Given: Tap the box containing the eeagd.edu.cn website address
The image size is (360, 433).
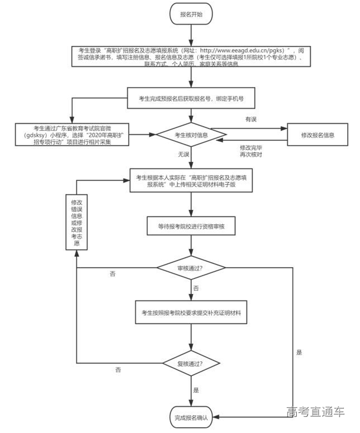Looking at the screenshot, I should [x=191, y=56].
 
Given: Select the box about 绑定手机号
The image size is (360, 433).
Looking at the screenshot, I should [x=191, y=99].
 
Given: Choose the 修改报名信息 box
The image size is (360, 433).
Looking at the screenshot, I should [x=318, y=136].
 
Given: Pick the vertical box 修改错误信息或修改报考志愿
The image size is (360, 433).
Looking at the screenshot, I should [x=76, y=222].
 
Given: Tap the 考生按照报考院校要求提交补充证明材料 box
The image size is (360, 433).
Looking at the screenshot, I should [x=191, y=312].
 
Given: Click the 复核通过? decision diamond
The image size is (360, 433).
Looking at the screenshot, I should [x=191, y=363].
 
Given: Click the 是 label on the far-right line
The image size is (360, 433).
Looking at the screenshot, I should [x=299, y=353].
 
